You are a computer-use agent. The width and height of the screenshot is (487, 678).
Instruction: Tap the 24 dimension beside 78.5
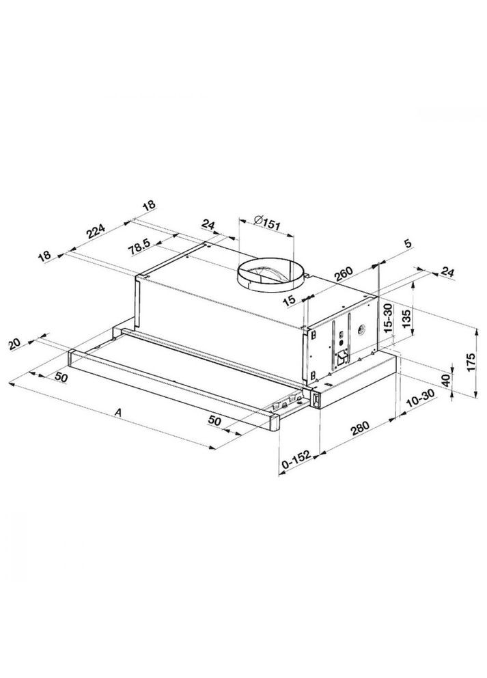point(209,224)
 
